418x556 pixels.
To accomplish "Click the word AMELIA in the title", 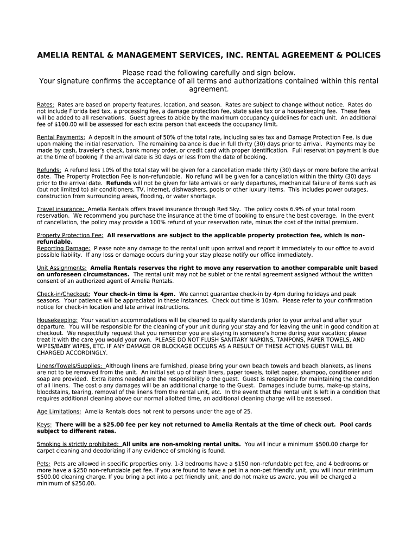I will [x=53, y=55].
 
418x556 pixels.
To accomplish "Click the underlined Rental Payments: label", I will [x=61, y=137].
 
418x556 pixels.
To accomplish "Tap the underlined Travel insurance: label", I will [x=60, y=209].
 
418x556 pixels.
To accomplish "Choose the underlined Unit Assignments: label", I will [x=61, y=268].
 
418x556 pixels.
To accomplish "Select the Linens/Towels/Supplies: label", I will [x=70, y=366].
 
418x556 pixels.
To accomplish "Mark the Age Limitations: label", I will [x=59, y=412].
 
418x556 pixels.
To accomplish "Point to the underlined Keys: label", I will [x=45, y=425].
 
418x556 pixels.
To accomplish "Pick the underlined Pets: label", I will [x=44, y=464].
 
